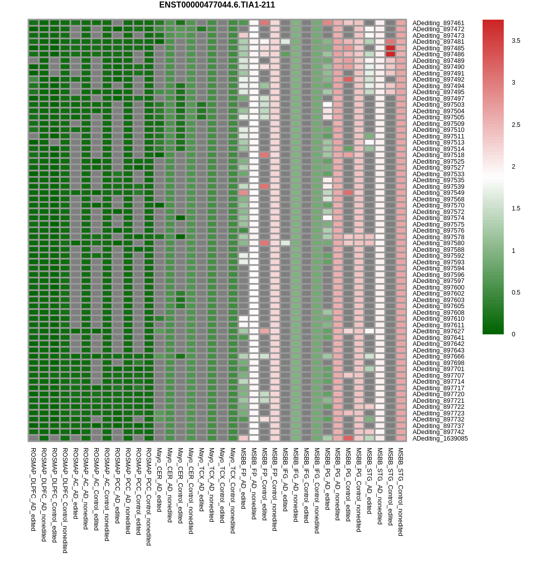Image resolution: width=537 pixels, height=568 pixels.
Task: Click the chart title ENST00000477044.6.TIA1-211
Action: click(x=217, y=5)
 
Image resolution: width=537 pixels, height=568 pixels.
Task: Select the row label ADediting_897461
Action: click(x=438, y=23)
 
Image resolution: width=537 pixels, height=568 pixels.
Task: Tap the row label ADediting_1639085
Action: click(x=440, y=439)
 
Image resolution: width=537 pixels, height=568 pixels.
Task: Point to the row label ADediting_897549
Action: click(x=438, y=193)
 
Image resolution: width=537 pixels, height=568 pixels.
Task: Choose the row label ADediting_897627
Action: click(x=438, y=331)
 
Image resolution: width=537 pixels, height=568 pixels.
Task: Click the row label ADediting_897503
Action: click(x=438, y=105)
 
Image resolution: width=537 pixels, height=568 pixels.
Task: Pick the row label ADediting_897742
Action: click(x=438, y=432)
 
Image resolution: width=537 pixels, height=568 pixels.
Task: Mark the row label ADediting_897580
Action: click(x=438, y=243)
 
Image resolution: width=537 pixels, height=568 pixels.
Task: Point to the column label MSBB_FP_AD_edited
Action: click(x=243, y=478)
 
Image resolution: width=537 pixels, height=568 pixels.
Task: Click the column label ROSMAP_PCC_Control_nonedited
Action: click(x=149, y=496)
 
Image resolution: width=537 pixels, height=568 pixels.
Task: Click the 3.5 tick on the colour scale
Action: click(x=516, y=41)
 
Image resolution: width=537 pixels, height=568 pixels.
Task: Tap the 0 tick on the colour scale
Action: click(x=514, y=334)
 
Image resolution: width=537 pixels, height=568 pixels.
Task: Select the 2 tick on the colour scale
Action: click(x=514, y=167)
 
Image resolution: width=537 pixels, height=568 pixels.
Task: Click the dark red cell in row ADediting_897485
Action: click(x=390, y=48)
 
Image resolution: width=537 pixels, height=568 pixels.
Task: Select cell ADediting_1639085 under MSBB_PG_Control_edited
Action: click(x=348, y=438)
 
